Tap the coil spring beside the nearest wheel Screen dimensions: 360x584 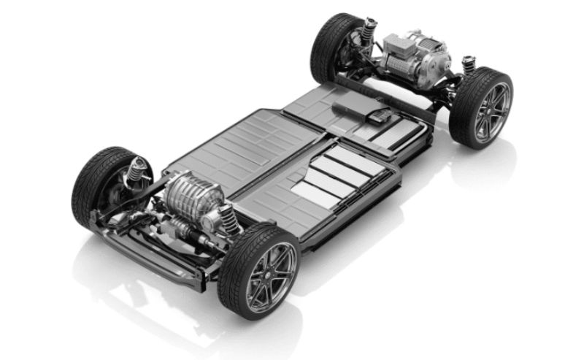[228, 217]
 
